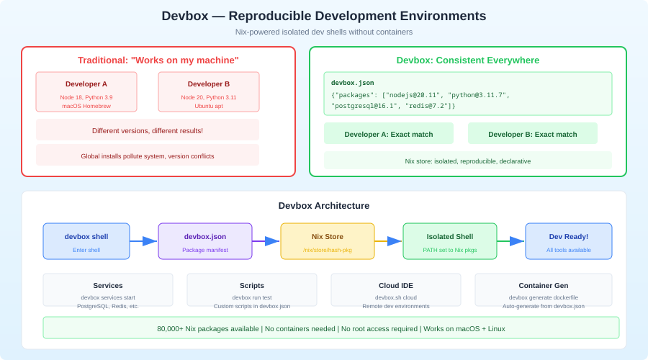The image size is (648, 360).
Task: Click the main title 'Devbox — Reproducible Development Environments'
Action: [323, 16]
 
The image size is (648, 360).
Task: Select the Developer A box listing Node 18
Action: [86, 91]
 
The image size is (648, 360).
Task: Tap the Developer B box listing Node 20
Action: [209, 91]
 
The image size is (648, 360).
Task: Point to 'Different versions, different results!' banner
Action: [148, 130]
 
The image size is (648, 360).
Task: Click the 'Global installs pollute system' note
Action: [148, 156]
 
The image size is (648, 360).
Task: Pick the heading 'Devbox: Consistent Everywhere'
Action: [467, 60]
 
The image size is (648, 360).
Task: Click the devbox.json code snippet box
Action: [467, 94]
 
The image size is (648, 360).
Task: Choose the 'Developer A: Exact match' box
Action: [389, 134]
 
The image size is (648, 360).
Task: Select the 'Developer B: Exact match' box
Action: [533, 134]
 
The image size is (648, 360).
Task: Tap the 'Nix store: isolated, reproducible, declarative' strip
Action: [467, 161]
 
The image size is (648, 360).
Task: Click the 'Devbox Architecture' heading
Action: [323, 205]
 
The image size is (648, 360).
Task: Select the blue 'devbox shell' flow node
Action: [86, 241]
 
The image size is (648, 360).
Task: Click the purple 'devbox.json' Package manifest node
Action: [205, 241]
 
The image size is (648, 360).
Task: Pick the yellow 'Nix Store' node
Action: [328, 241]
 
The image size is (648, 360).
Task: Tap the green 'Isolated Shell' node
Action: [450, 241]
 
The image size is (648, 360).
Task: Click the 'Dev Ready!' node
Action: [569, 241]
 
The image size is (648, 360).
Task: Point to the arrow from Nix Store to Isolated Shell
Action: [389, 241]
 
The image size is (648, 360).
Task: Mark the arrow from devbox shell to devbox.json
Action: [144, 241]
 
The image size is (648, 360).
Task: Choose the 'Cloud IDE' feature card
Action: [396, 290]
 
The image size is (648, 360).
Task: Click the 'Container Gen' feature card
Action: [544, 290]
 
